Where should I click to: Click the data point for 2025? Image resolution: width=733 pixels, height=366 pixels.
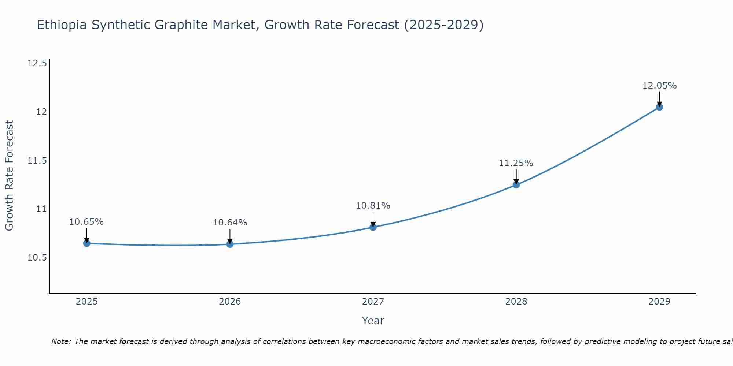click(87, 243)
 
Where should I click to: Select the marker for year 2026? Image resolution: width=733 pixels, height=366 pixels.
click(230, 244)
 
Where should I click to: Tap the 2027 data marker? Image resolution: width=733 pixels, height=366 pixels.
click(373, 227)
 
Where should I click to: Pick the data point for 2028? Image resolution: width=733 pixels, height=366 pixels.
click(516, 185)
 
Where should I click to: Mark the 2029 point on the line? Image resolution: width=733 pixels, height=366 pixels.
click(659, 107)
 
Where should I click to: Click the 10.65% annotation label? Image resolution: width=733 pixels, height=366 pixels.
click(86, 222)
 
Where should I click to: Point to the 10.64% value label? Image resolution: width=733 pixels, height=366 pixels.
click(230, 223)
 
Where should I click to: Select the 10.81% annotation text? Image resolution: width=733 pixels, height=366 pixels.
click(373, 206)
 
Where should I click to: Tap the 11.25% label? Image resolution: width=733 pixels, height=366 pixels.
click(516, 163)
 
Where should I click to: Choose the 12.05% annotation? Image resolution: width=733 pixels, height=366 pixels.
click(659, 86)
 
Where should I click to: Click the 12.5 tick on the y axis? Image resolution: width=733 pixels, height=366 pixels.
click(37, 64)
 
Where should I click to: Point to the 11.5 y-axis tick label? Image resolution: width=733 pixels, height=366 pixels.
click(37, 161)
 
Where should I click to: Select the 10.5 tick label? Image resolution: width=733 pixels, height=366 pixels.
click(37, 258)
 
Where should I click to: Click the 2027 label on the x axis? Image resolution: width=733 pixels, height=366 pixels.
click(373, 302)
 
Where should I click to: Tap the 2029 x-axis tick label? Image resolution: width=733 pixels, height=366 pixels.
click(659, 302)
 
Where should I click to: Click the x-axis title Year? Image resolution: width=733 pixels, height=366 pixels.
click(373, 321)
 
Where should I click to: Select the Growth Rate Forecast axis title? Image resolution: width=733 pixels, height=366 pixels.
click(10, 176)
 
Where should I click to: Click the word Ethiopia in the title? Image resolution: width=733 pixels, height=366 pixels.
click(62, 25)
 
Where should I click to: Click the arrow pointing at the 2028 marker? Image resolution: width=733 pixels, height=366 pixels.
click(516, 178)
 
